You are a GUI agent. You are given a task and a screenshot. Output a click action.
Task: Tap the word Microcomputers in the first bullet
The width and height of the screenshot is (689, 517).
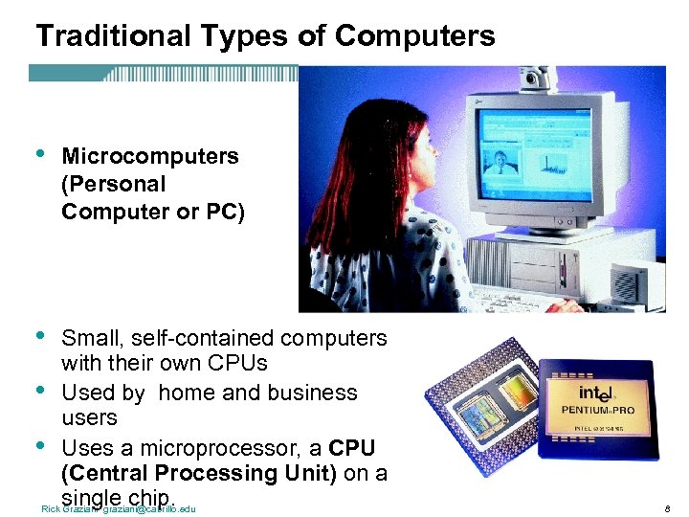pyautogui.click(x=150, y=156)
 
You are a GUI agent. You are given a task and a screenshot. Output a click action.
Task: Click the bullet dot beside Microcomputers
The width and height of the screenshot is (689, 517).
pyautogui.click(x=39, y=153)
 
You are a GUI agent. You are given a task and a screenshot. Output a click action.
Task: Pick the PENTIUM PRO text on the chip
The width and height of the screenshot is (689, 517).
pyautogui.click(x=599, y=411)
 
